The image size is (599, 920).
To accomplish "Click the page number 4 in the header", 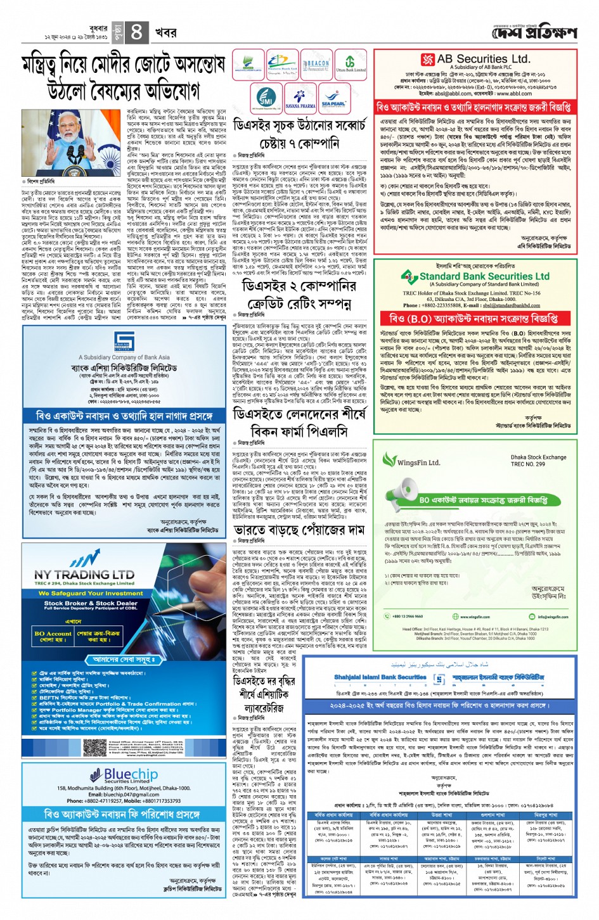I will (x=136, y=31).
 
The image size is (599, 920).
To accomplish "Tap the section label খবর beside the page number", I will (x=166, y=31).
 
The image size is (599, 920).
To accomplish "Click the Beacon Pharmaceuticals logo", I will (x=317, y=66).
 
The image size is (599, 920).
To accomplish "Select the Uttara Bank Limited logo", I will (x=351, y=66).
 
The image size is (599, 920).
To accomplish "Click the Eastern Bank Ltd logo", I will (x=283, y=66).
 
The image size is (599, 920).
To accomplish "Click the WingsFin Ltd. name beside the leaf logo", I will (x=418, y=462).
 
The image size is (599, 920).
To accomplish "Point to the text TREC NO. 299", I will (x=528, y=464).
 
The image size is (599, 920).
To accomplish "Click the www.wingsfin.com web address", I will (x=474, y=616).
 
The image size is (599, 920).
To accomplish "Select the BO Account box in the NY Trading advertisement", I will (x=53, y=636).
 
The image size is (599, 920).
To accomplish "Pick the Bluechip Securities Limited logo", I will (x=124, y=776).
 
